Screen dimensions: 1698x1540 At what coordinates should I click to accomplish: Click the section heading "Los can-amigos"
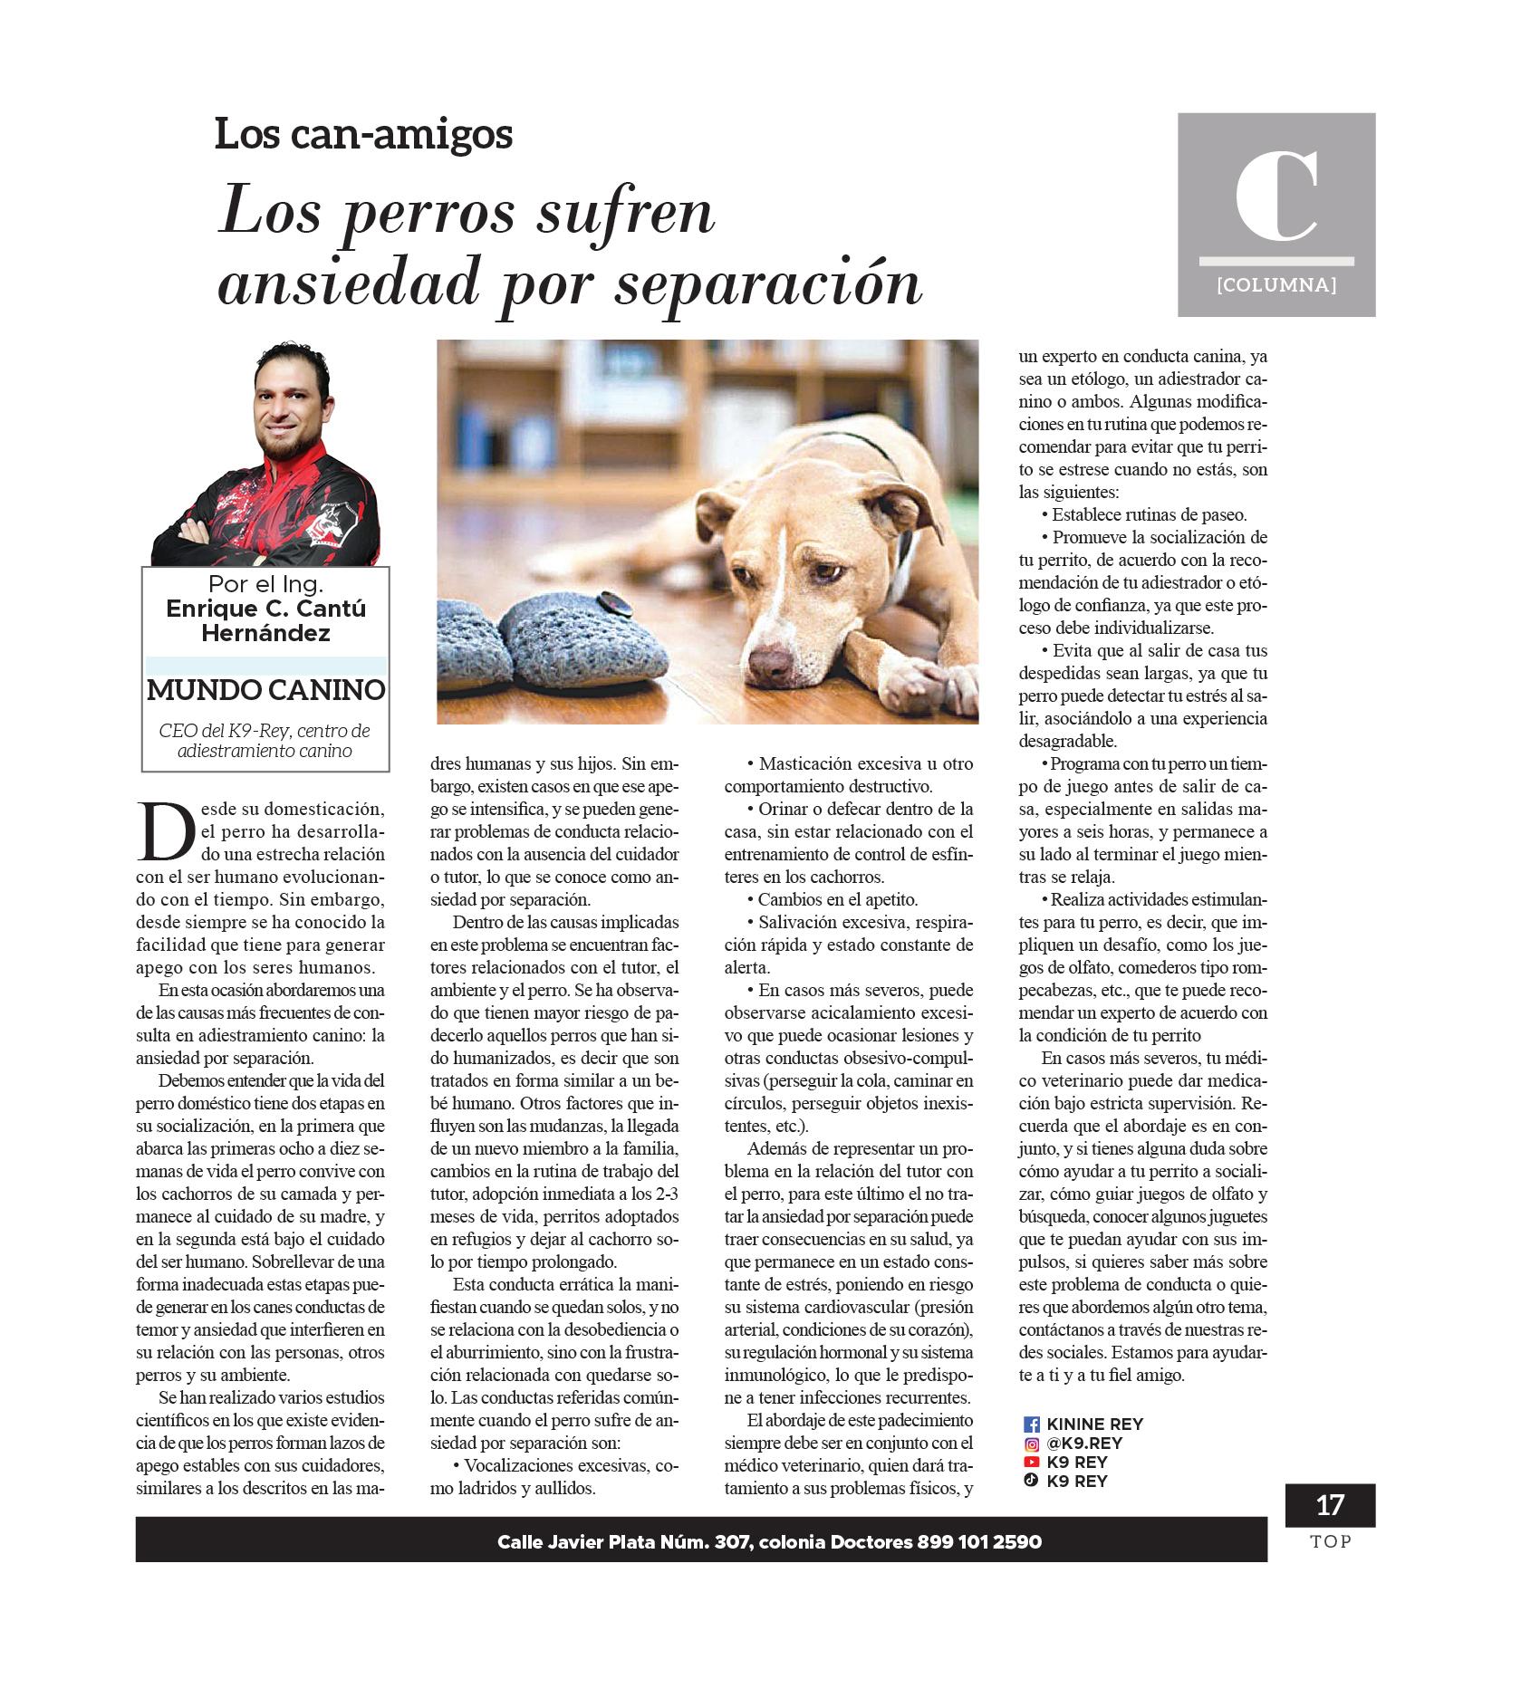[x=363, y=134]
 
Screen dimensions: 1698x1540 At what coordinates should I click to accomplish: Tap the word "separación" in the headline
[x=768, y=283]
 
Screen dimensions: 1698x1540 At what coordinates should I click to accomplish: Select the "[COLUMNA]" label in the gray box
[x=1276, y=285]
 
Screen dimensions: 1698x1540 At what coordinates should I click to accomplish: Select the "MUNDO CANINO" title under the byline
[x=265, y=690]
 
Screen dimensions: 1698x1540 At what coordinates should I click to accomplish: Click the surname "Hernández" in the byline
[x=265, y=633]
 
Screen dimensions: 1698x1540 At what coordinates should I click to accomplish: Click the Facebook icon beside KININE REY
[x=1031, y=1425]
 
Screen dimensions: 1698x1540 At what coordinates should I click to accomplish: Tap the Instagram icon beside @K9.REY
[x=1031, y=1444]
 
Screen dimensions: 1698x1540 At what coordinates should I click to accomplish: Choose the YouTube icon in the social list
[x=1031, y=1462]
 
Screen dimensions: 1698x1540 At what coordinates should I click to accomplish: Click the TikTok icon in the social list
[x=1031, y=1481]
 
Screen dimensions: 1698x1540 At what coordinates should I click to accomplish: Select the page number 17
[x=1329, y=1505]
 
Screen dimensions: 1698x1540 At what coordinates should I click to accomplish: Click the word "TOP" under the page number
[x=1330, y=1541]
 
